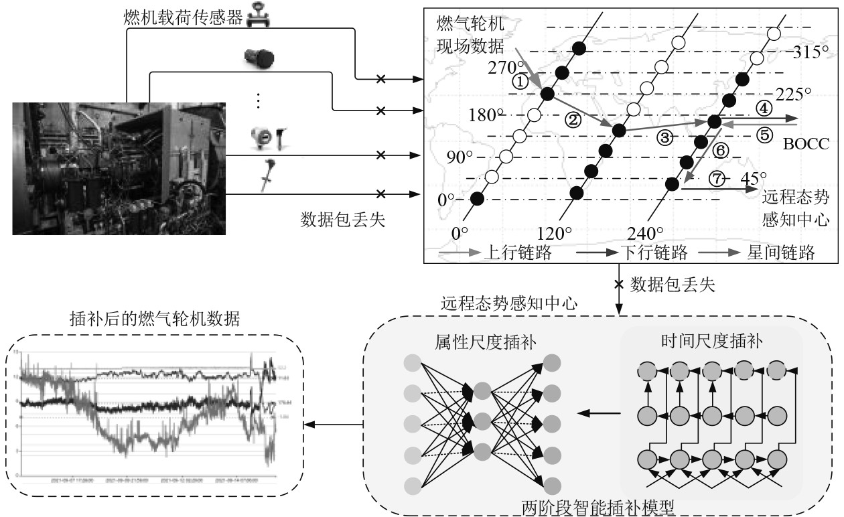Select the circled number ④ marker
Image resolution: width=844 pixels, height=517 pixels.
click(x=764, y=107)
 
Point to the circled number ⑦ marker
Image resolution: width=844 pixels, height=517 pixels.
click(x=717, y=179)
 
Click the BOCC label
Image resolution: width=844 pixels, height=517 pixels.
click(x=806, y=143)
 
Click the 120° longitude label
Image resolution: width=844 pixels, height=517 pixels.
click(x=554, y=234)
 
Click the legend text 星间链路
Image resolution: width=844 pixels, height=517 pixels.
click(x=781, y=253)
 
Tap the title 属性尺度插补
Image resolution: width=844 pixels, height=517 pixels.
click(x=479, y=343)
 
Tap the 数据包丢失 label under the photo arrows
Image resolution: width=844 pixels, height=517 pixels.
click(x=344, y=220)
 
